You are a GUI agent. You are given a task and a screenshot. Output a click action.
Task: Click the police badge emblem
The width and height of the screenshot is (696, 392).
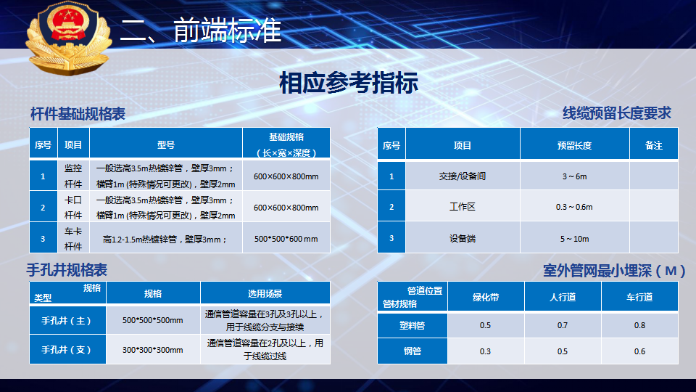pos(68,38)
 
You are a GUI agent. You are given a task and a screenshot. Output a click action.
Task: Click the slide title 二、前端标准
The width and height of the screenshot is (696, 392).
pos(201,30)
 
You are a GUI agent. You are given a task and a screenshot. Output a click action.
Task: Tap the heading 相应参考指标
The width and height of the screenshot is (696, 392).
pos(349,83)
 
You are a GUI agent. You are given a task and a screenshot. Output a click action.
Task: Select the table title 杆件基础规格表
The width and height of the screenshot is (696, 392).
pos(78,114)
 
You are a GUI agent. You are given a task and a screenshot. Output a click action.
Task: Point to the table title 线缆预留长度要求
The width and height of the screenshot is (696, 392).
pos(616,113)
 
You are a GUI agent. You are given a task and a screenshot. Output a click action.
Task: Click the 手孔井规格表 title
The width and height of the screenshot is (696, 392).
pos(67,270)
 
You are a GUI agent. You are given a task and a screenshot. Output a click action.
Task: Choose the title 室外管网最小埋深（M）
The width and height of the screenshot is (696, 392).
pos(614,271)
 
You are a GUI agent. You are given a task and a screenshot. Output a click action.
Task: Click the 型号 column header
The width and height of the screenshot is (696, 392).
pos(166,145)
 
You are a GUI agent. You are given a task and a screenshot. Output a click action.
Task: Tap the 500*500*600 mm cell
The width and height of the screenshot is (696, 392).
pos(286,239)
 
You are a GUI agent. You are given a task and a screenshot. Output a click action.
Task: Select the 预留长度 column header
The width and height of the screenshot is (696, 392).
pos(574,145)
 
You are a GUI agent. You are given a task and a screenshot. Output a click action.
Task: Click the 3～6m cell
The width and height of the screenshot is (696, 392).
pos(574,176)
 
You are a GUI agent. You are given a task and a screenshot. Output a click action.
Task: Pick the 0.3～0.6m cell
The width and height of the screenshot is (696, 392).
pos(574,207)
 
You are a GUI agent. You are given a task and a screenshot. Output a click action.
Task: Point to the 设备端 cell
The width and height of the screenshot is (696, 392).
pos(462,239)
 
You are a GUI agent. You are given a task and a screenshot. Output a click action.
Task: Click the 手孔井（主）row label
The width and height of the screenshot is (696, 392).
pos(66,320)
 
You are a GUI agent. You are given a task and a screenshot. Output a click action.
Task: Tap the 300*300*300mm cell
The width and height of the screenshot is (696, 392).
pos(153,350)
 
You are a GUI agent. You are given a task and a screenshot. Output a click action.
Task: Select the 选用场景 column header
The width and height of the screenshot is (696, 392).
pos(265,293)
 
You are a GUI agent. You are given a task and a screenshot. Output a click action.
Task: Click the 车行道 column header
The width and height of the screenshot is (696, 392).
pos(639,297)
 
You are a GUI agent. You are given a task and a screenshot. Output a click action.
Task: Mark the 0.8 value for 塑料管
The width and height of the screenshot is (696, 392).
pos(639,325)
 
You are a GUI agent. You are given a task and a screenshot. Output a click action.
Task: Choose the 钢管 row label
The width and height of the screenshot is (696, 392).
pos(413,351)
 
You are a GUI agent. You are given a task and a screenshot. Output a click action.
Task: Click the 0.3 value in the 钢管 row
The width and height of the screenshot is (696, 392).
pos(485,351)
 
